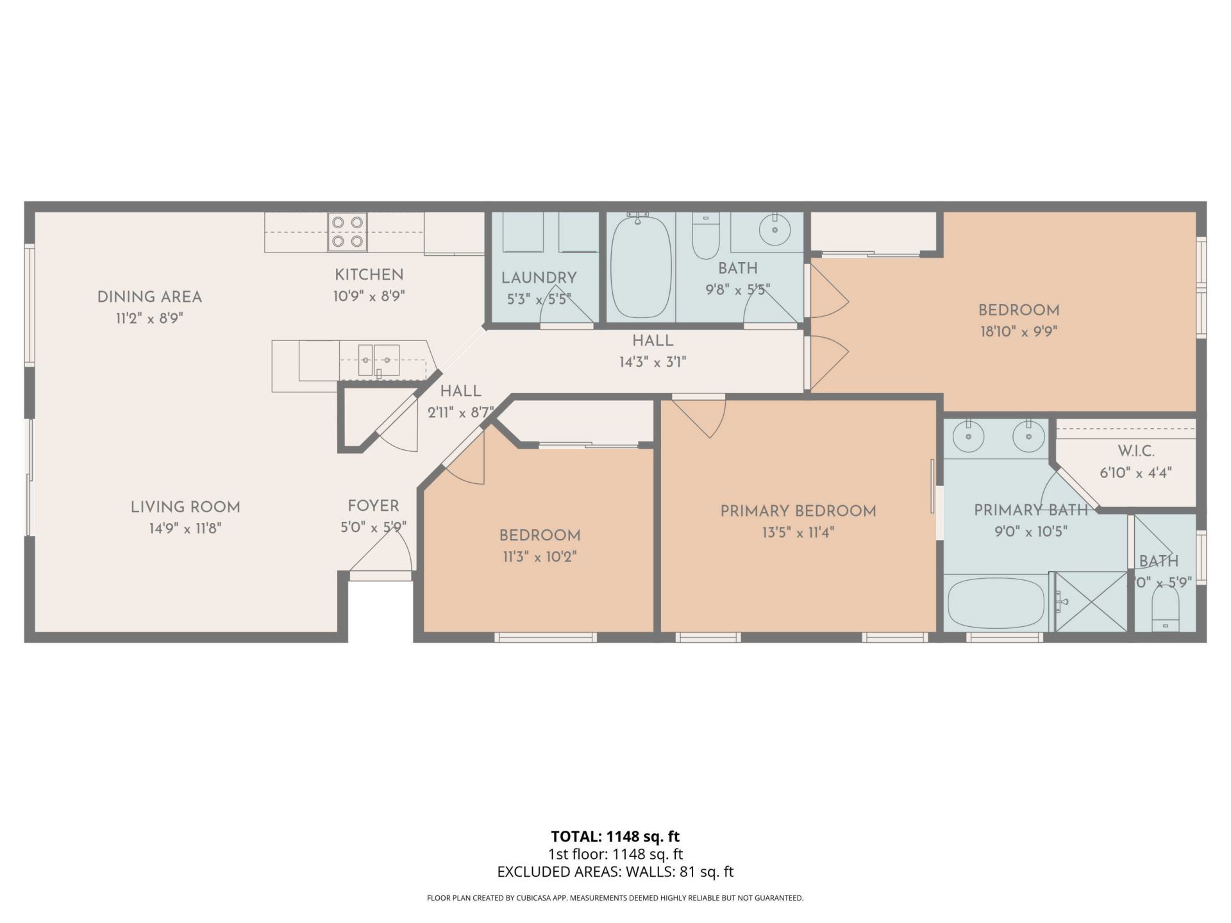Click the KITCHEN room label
point(369,275)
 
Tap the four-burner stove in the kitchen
point(348,232)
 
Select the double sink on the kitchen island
point(378,360)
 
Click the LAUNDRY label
point(539,278)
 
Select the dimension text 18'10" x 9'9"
point(1018,332)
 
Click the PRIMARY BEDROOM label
point(798,511)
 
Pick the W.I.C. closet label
point(1135,451)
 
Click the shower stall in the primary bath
point(1091,602)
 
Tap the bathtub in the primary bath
point(996,603)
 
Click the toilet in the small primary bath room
point(1166,610)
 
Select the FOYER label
point(373,506)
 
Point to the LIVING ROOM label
point(185,508)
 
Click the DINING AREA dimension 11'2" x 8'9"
point(149,319)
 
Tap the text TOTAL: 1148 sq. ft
point(615,836)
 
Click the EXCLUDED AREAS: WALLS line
point(615,872)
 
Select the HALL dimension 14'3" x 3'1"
point(652,363)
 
